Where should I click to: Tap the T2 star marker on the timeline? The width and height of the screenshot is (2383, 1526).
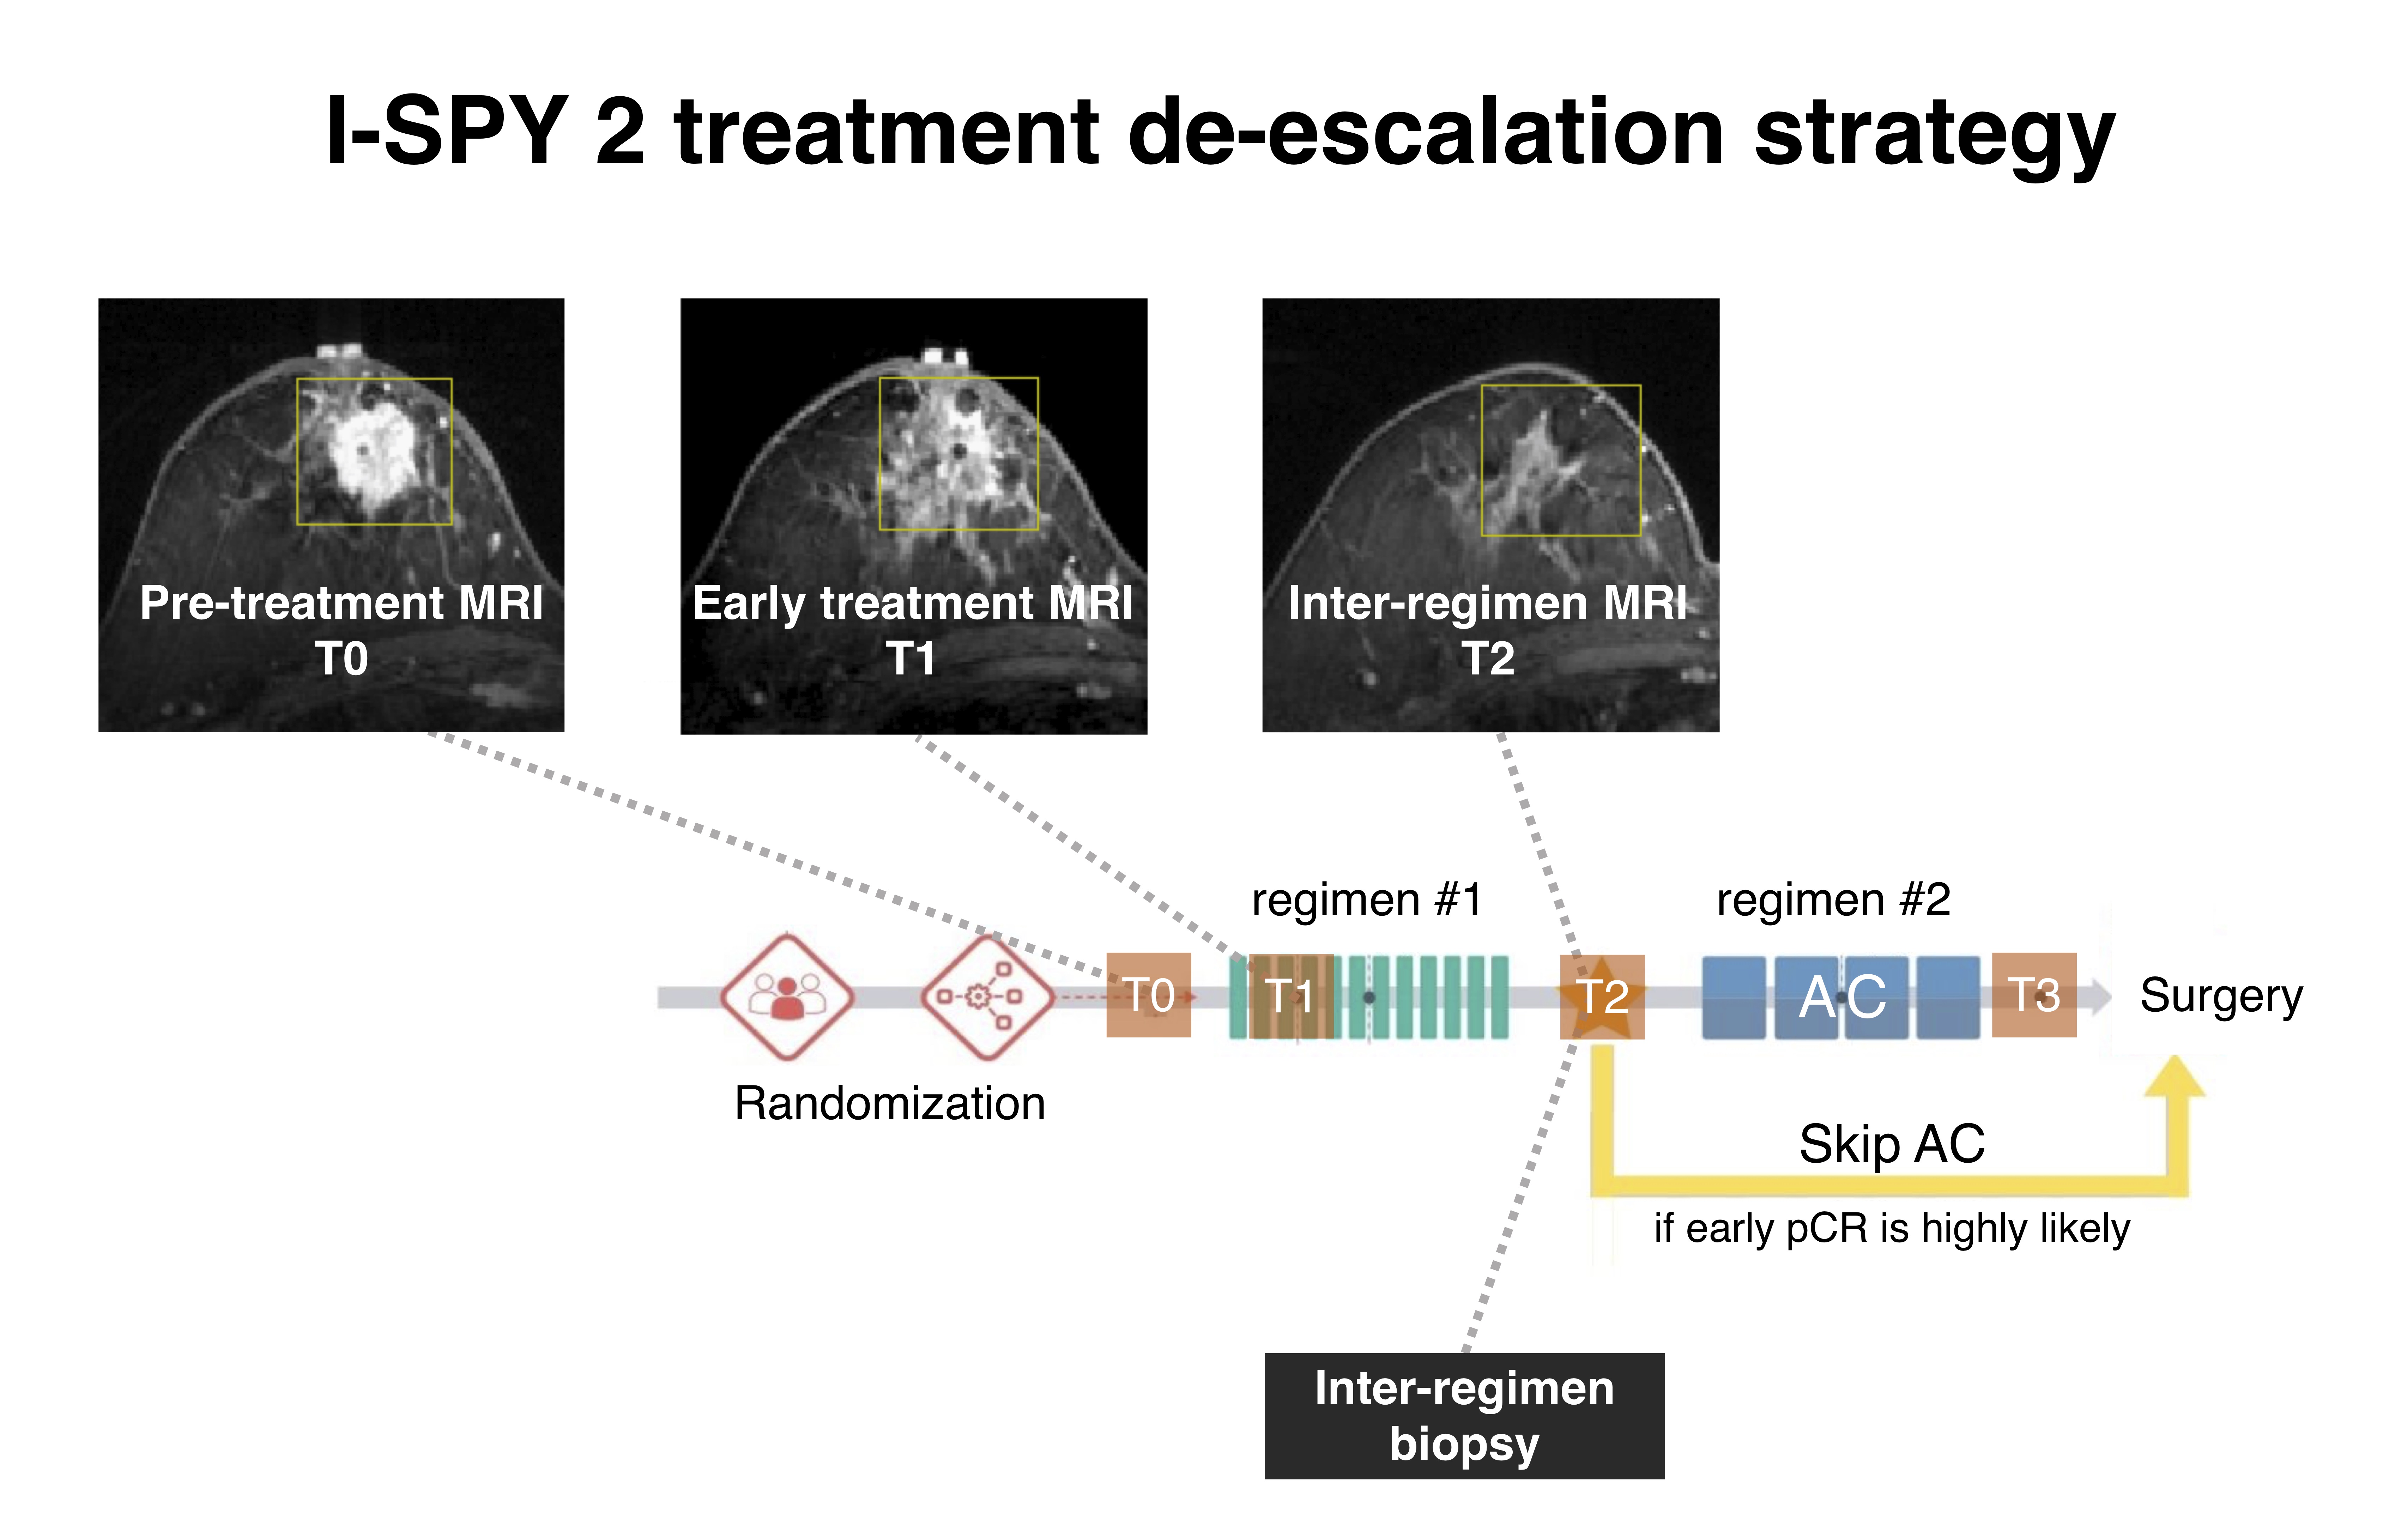pyautogui.click(x=1601, y=997)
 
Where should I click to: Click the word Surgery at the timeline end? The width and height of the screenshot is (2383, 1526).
pyautogui.click(x=2220, y=995)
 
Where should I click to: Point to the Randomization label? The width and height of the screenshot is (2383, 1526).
pyautogui.click(x=889, y=1103)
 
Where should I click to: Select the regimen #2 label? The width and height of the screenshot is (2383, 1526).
pyautogui.click(x=1833, y=900)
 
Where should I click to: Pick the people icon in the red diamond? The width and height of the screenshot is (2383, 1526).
pyautogui.click(x=787, y=996)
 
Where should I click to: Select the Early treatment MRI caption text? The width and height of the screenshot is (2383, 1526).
pyautogui.click(x=912, y=602)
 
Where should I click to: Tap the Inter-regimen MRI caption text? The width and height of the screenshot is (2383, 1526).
pyautogui.click(x=1486, y=602)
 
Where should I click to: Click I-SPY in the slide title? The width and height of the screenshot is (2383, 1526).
pyautogui.click(x=446, y=132)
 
